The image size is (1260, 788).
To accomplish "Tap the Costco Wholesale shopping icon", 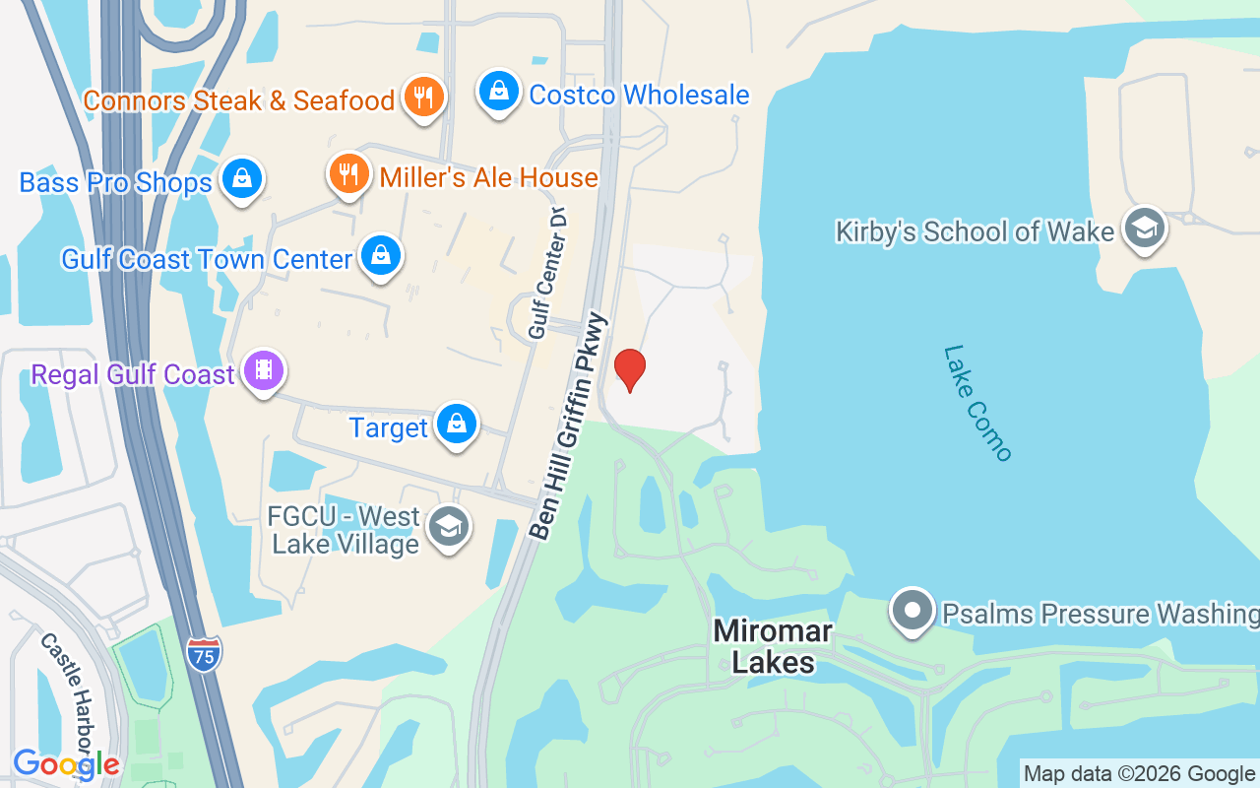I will (499, 92).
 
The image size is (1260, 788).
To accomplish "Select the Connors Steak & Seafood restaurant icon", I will (424, 98).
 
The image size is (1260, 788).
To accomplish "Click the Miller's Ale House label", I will (488, 177).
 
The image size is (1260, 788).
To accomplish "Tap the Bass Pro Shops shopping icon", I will (241, 179).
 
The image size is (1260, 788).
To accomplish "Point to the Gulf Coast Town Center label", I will (207, 259).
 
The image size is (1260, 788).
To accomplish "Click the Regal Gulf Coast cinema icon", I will (263, 371).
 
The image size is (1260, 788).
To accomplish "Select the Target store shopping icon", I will (456, 425).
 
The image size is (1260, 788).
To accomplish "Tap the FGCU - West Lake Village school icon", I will (449, 527).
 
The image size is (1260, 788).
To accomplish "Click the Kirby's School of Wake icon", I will (1144, 229).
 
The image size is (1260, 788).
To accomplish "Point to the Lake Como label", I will (976, 402).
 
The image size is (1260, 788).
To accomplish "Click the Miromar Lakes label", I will (773, 646).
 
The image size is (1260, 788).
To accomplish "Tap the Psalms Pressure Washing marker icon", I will (913, 611).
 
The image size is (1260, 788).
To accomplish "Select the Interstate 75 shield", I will (204, 652).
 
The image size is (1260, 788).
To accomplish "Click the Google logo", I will (66, 764).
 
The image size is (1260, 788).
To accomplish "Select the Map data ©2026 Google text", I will (1139, 774).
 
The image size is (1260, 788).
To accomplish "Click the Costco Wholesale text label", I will (639, 95).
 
